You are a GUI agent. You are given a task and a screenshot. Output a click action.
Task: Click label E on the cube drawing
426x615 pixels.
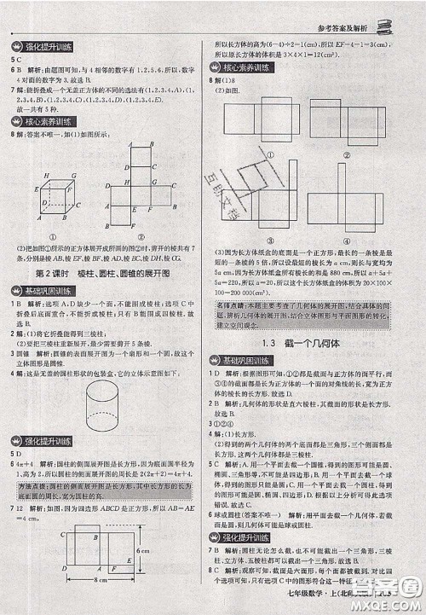tap(39, 190)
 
